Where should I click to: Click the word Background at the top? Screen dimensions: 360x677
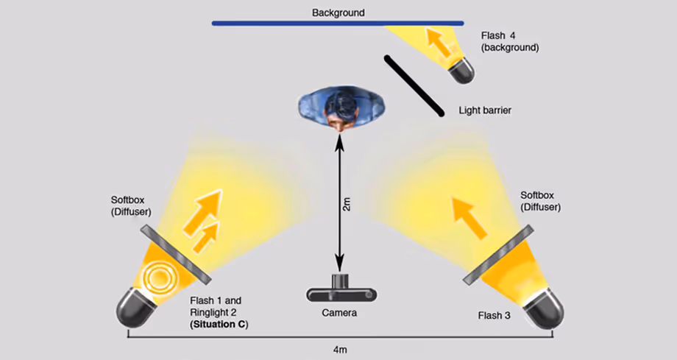[x=338, y=13]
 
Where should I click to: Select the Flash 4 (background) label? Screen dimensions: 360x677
[x=510, y=40]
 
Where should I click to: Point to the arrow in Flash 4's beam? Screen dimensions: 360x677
[x=440, y=43]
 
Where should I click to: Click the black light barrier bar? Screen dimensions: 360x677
[x=414, y=85]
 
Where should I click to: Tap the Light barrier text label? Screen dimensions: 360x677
[x=484, y=110]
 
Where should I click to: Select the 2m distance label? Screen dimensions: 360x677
[x=347, y=205]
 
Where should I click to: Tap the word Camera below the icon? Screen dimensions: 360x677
[x=339, y=313]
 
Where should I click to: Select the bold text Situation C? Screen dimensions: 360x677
[x=218, y=323]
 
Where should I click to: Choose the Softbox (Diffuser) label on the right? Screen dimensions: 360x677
[x=540, y=201]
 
